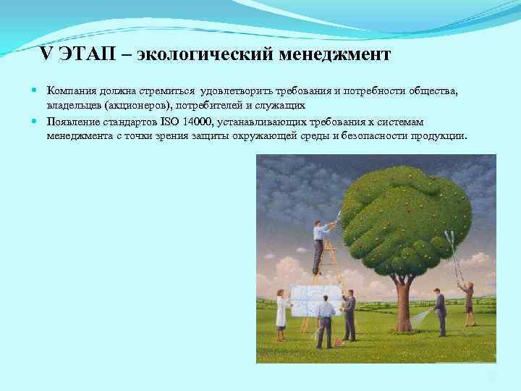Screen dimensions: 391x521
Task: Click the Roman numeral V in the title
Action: (47, 54)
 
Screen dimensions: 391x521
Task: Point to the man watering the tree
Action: (439, 311)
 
